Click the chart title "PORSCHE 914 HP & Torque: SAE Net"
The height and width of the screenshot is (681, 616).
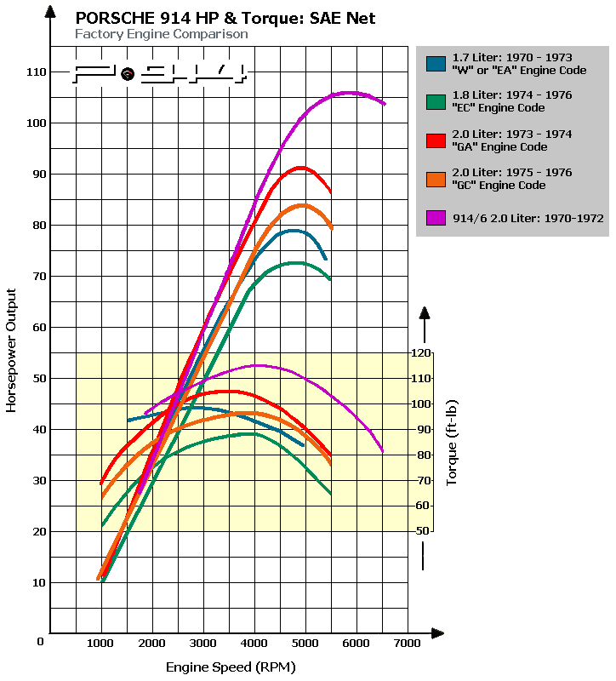[x=225, y=18]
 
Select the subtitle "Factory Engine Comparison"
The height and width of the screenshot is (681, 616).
[x=162, y=34]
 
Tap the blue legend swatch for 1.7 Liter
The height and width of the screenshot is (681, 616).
[x=436, y=63]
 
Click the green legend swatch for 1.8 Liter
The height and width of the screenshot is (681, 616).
[x=436, y=101]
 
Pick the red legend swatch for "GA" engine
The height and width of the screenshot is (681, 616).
[x=436, y=140]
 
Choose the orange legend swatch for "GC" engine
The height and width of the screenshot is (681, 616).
[x=436, y=179]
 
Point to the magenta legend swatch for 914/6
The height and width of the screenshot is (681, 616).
[x=436, y=218]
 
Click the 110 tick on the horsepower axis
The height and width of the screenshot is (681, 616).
[x=35, y=72]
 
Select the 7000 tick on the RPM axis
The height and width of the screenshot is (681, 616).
[x=407, y=643]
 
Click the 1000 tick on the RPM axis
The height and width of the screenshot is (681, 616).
[x=101, y=643]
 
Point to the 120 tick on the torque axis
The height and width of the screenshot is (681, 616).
[x=421, y=352]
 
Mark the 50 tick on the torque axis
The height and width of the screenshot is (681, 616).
[x=421, y=531]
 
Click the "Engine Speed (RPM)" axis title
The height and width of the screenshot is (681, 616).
[x=230, y=667]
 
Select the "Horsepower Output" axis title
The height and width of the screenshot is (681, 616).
[x=12, y=349]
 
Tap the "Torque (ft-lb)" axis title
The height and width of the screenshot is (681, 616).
[x=453, y=441]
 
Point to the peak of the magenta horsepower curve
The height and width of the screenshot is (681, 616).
[x=349, y=92]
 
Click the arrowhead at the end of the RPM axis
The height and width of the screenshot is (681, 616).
[x=436, y=633]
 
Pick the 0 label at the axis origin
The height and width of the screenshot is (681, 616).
[x=40, y=641]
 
